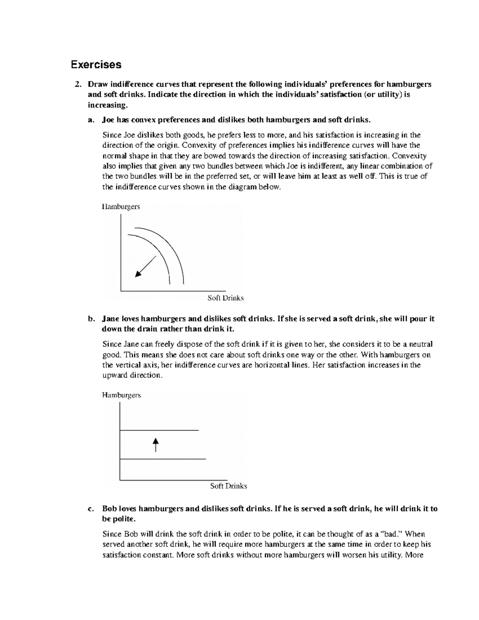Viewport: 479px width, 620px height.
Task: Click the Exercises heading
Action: coord(96,64)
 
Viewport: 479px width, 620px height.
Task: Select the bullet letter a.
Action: coord(91,120)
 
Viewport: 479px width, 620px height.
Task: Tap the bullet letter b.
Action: coord(91,319)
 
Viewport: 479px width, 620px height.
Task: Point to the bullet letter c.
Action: coord(91,509)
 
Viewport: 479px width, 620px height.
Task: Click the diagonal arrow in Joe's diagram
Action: coord(146,266)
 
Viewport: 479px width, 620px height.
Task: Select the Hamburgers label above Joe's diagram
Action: coord(121,207)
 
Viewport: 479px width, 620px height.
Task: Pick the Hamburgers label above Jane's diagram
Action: coord(121,395)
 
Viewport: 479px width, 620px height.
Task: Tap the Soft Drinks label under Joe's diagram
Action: coord(226,298)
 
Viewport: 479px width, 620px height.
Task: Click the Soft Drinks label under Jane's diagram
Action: coord(228,486)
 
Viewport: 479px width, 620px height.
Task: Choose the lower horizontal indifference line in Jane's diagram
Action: coord(162,460)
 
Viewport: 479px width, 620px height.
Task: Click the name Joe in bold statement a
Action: coord(108,120)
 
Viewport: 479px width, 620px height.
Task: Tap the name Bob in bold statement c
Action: coord(109,509)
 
